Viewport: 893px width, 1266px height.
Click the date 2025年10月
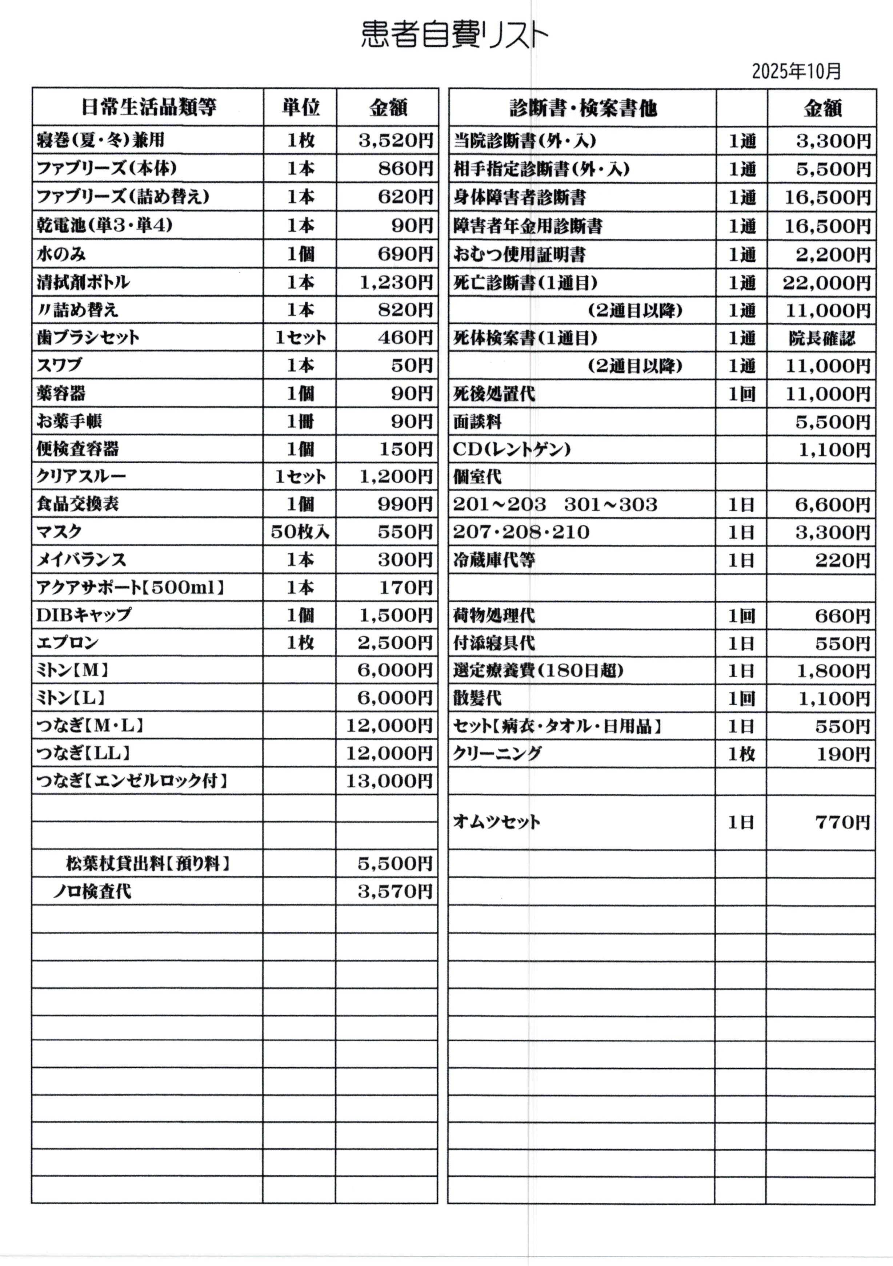(796, 71)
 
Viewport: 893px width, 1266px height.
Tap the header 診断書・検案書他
(583, 108)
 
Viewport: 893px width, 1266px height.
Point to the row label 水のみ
(62, 254)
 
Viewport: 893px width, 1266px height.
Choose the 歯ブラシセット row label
(88, 338)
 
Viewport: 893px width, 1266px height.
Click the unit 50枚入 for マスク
(300, 532)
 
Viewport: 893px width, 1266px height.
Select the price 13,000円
(389, 781)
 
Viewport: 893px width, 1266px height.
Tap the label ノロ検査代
(92, 892)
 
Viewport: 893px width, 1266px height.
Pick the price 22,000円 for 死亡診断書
(826, 283)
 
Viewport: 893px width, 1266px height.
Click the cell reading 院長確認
(822, 339)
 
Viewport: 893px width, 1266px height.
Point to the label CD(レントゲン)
(512, 450)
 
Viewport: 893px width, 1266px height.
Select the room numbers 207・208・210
(521, 533)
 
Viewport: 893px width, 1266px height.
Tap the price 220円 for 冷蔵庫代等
(843, 561)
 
